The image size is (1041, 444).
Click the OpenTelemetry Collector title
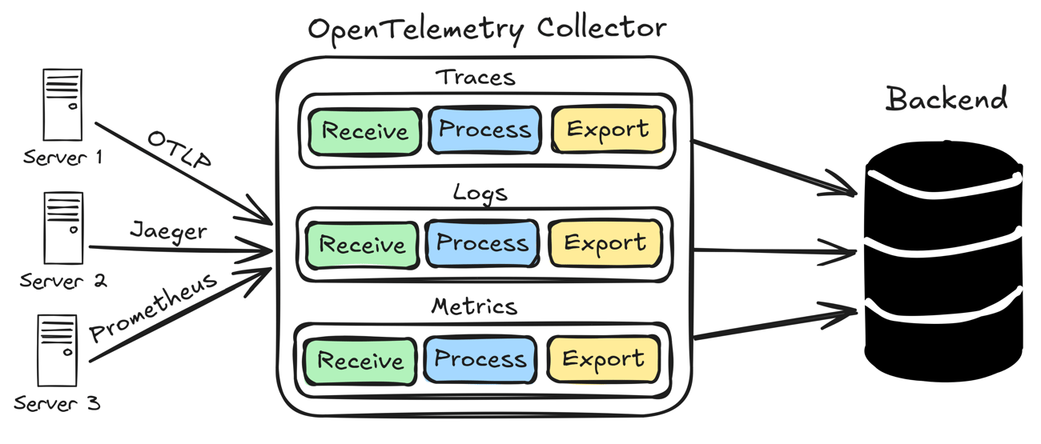tap(487, 30)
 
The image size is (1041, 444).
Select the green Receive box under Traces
tap(364, 130)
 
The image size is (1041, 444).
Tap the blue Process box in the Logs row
tap(482, 243)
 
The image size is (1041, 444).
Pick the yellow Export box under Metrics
tap(603, 359)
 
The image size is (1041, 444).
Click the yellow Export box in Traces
tap(608, 130)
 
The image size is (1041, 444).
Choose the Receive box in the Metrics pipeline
tap(360, 361)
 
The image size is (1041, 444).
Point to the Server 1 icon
tap(62, 105)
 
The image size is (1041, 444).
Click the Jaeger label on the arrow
tap(168, 232)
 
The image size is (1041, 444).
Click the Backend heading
tap(946, 99)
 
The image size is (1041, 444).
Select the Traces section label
tap(475, 78)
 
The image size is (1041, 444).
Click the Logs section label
tap(480, 193)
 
